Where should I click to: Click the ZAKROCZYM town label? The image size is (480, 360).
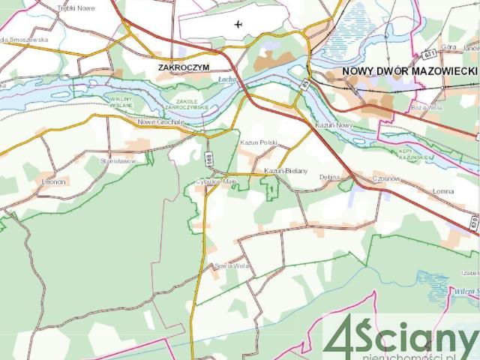tap(184, 67)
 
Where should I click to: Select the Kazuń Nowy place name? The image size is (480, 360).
tap(334, 125)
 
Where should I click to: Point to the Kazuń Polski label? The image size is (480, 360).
tap(259, 142)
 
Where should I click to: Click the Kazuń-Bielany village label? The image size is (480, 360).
tap(285, 172)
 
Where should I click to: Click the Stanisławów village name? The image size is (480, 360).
tap(118, 160)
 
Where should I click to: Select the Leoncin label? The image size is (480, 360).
tap(54, 181)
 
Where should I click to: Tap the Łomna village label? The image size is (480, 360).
tap(443, 191)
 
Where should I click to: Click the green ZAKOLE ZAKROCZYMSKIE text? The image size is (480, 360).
tap(193, 103)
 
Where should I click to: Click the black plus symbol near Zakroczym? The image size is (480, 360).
tap(238, 24)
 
